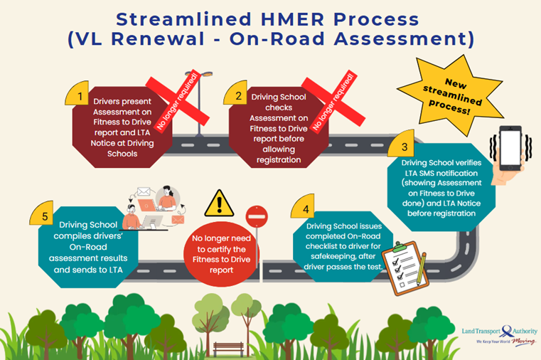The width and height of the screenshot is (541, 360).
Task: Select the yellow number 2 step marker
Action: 240,95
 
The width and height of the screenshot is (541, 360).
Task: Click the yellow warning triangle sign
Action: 219,203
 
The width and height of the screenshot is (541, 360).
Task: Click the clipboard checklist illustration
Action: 403,264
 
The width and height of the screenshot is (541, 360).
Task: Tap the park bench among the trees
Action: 229,349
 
